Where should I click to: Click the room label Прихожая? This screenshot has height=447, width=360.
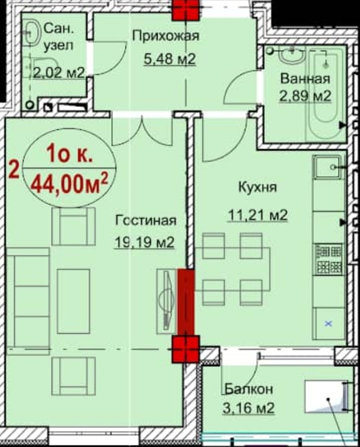[x=166, y=36]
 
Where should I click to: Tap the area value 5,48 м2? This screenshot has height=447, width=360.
[x=170, y=59]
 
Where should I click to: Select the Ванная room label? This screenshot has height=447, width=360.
[x=305, y=79]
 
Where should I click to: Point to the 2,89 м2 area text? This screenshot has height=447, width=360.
[x=305, y=96]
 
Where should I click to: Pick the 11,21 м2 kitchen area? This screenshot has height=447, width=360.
[x=258, y=215]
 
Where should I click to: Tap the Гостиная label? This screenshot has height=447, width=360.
[x=145, y=221]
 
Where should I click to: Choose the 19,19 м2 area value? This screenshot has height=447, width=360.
[x=144, y=242]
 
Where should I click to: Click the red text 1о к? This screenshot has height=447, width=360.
[x=70, y=154]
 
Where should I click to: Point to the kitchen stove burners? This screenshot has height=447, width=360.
[x=329, y=259]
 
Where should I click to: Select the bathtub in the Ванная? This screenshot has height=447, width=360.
[x=325, y=95]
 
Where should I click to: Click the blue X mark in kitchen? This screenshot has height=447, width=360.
[x=328, y=323]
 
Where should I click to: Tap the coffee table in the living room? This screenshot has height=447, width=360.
[x=73, y=301]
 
